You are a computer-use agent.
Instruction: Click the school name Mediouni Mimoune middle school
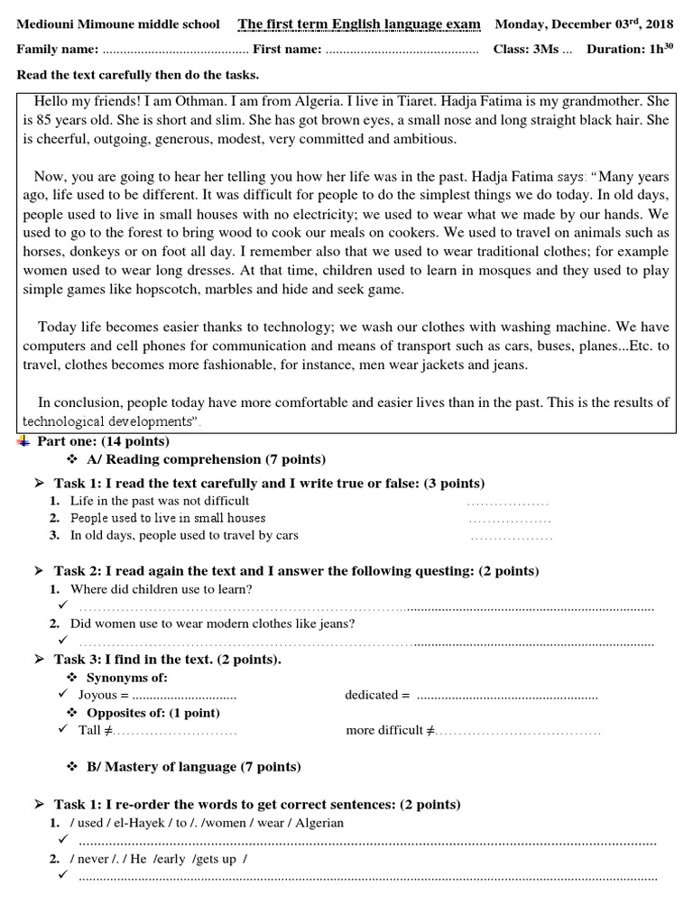click(x=118, y=23)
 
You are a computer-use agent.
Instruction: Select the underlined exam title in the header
click(x=359, y=23)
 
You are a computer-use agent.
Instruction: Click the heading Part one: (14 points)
click(x=102, y=441)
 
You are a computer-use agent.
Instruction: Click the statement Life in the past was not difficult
click(x=160, y=500)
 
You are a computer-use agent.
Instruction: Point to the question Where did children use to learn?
click(x=162, y=589)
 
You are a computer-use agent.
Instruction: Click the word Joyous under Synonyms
click(x=97, y=695)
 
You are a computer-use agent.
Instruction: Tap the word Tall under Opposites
click(x=89, y=730)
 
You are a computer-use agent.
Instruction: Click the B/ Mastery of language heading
click(x=193, y=767)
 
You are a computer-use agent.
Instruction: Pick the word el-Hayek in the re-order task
click(x=140, y=823)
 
